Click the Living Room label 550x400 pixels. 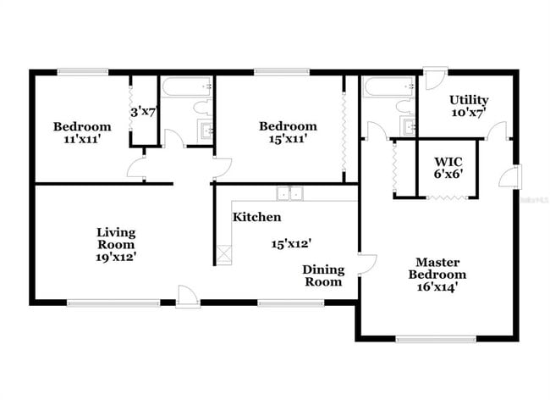(116, 237)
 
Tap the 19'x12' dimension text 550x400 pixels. (116, 255)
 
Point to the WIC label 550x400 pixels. (448, 161)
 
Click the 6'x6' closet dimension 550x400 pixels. (448, 175)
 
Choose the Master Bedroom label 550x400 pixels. (437, 268)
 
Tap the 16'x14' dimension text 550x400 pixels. (437, 288)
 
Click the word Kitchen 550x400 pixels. (251, 217)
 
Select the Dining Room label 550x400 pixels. (324, 275)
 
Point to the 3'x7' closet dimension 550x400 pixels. (143, 111)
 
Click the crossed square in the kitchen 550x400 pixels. (225, 253)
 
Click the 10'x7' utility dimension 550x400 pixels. (468, 113)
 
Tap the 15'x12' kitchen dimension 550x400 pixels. (288, 244)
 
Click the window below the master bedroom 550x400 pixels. (423, 340)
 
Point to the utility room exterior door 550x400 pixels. (432, 78)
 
